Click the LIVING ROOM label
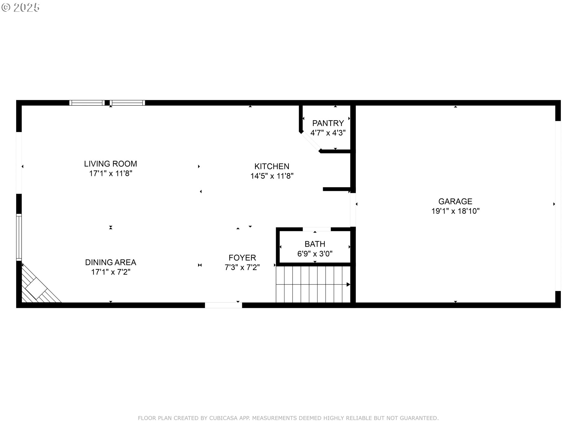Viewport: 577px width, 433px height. pos(111,164)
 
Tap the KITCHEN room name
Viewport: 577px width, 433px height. pos(272,166)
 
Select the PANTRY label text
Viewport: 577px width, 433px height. pos(328,123)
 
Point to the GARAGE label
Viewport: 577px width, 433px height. pos(455,201)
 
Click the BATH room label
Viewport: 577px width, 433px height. pos(315,244)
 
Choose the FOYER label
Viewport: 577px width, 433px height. pos(242,258)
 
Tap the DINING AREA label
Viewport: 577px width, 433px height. pos(111,263)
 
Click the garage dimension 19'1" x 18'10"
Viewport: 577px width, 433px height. pos(455,211)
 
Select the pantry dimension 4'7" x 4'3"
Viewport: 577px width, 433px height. pos(328,133)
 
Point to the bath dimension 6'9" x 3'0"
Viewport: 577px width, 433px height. pos(315,254)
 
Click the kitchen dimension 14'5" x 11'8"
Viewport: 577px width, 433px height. pos(272,176)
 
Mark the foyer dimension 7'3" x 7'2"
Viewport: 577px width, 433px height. pos(242,267)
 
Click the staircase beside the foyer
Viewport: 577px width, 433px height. pos(313,284)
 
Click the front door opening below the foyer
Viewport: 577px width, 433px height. pos(223,305)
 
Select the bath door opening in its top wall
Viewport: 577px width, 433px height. pos(317,229)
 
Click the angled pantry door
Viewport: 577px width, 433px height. pos(311,141)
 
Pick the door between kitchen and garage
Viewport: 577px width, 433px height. pos(353,210)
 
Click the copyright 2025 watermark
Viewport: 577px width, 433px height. pos(20,8)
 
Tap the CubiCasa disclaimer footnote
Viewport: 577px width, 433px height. pos(288,418)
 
